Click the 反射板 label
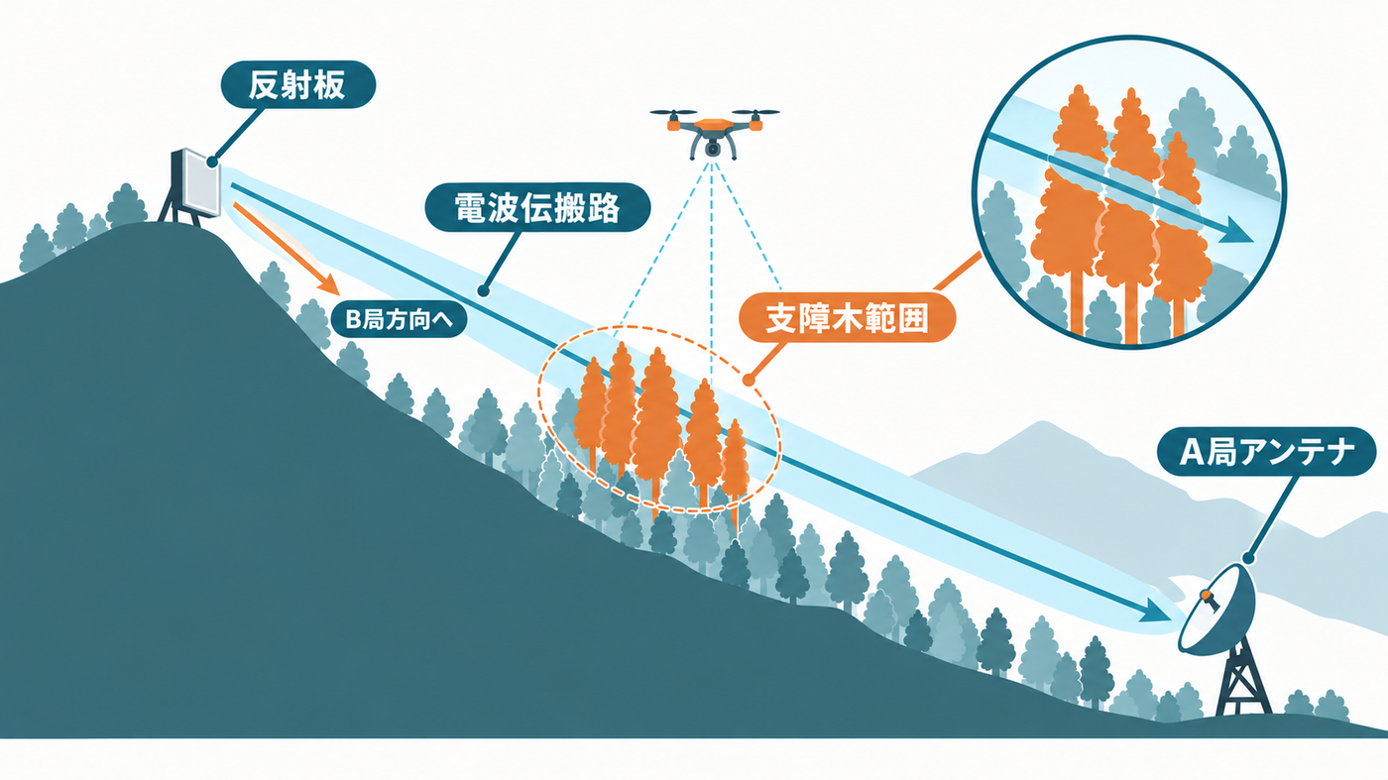[298, 85]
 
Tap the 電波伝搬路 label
[537, 207]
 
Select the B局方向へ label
[399, 320]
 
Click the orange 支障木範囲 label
[847, 318]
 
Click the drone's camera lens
[713, 149]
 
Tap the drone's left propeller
[673, 113]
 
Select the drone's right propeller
[755, 113]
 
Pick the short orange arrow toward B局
[287, 249]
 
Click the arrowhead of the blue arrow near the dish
[1156, 611]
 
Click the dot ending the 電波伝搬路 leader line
[484, 290]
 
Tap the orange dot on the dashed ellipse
[748, 380]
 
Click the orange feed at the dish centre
[1207, 597]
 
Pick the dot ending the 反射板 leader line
[212, 163]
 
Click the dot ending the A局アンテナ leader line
[1248, 558]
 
